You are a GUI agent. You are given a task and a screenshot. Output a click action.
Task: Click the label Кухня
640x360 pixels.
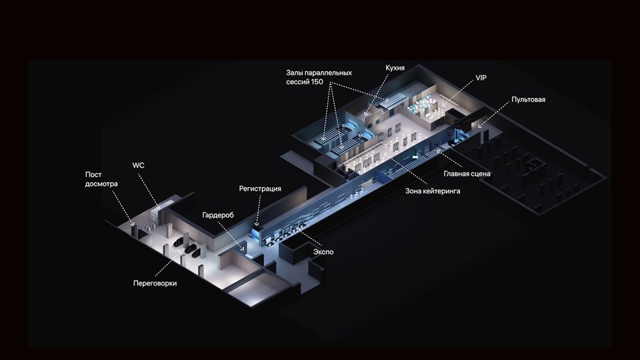click(395, 68)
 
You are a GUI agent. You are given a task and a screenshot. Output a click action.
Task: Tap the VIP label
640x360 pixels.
click(481, 78)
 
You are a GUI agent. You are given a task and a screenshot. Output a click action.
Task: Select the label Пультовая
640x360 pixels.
click(528, 100)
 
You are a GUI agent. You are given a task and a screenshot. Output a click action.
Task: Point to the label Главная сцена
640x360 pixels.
click(467, 174)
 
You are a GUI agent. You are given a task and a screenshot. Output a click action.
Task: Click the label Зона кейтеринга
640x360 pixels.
click(432, 191)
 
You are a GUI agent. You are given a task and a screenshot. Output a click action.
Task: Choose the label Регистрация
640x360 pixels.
click(260, 189)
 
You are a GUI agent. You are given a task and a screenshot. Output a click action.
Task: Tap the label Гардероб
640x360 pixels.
click(218, 215)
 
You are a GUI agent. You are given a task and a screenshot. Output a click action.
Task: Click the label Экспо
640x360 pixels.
click(324, 252)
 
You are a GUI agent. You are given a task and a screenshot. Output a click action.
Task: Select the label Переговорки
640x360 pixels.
click(155, 283)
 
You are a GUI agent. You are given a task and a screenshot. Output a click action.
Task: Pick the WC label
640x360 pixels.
click(139, 165)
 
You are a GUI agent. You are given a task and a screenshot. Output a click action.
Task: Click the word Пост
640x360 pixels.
click(93, 175)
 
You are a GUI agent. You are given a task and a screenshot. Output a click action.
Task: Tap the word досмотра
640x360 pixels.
click(101, 184)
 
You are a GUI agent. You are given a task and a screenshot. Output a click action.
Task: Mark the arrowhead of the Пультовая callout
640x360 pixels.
click(481, 126)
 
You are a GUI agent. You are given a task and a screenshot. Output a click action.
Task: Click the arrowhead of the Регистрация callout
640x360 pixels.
click(257, 223)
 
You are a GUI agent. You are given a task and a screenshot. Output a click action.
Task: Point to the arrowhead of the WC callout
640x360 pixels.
click(159, 207)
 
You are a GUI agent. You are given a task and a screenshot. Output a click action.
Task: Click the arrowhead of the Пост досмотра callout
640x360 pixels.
click(132, 223)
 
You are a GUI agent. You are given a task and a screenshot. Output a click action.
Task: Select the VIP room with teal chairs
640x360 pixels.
click(420, 105)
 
